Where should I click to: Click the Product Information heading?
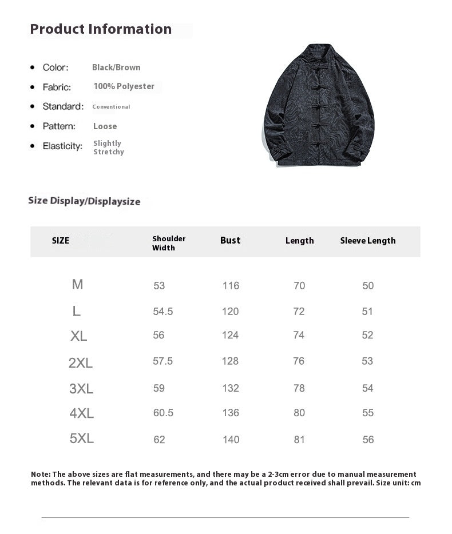[x=101, y=29]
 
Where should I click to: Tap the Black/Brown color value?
[x=116, y=67]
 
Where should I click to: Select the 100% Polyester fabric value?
[x=124, y=86]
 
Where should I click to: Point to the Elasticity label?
[x=62, y=146]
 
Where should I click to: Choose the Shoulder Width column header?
[x=169, y=243]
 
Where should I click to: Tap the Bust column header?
[x=230, y=240]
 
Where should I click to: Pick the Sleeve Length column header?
[x=367, y=241]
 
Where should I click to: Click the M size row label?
[x=77, y=284]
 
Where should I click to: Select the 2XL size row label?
[x=80, y=362]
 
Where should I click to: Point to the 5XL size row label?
[x=81, y=439]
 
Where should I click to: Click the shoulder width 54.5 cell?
[x=163, y=312]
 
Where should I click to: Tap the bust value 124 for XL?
[x=230, y=335]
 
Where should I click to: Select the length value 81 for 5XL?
[x=299, y=439]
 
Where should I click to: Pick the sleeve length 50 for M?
[x=368, y=286]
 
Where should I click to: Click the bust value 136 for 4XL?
[x=231, y=413]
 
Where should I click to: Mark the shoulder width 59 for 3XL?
[x=159, y=388]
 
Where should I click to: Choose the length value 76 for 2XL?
[x=299, y=361]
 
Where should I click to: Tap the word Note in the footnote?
[x=40, y=474]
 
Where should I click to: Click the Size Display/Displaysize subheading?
[x=84, y=201]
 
